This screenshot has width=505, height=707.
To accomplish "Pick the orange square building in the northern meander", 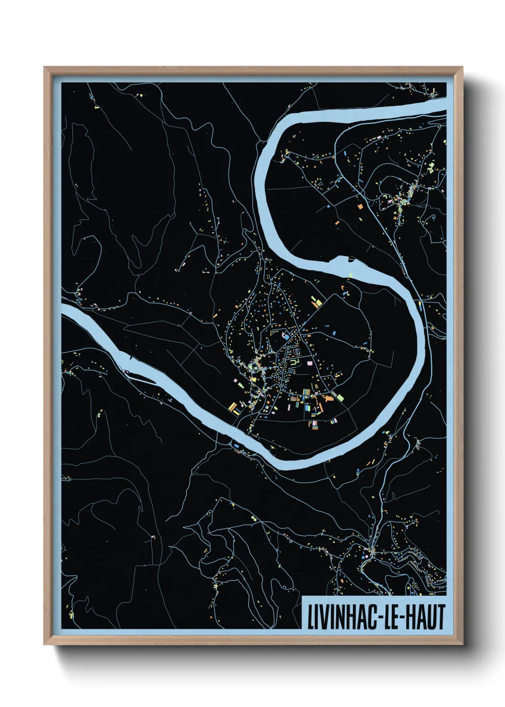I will [x=360, y=207].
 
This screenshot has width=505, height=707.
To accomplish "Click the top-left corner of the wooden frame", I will [x=45, y=68].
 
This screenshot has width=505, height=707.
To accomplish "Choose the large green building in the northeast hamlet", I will [x=431, y=166].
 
